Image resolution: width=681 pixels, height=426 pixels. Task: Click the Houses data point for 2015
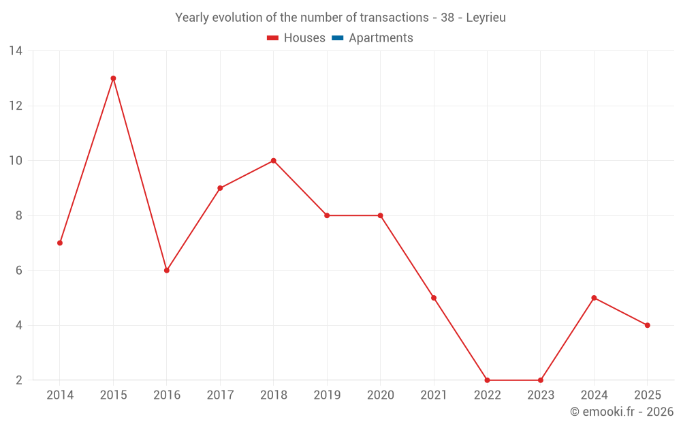click(113, 78)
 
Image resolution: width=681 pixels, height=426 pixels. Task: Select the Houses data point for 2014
click(60, 243)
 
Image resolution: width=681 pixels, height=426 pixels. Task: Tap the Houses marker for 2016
click(167, 271)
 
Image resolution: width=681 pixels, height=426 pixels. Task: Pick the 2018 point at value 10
click(273, 161)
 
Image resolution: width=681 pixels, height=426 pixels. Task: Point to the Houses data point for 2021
click(434, 298)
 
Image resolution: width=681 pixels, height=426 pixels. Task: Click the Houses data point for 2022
click(487, 380)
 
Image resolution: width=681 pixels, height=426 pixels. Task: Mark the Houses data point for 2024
click(594, 298)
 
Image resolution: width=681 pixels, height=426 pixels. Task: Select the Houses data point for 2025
click(647, 325)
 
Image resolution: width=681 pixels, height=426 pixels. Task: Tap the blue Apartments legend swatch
click(337, 38)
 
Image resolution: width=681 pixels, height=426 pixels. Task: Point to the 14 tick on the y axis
click(16, 51)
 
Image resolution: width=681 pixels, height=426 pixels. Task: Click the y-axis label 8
click(19, 215)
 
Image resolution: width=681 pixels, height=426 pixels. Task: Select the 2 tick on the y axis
click(19, 380)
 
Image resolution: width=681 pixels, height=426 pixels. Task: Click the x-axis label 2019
click(327, 395)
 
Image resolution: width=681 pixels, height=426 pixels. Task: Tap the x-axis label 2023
click(541, 395)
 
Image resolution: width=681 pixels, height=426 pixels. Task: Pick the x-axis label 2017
click(220, 395)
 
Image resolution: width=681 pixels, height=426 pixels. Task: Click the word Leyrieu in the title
click(486, 18)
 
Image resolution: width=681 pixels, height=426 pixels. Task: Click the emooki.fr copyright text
click(622, 412)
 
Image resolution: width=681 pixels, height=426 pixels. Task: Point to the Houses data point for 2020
click(380, 215)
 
